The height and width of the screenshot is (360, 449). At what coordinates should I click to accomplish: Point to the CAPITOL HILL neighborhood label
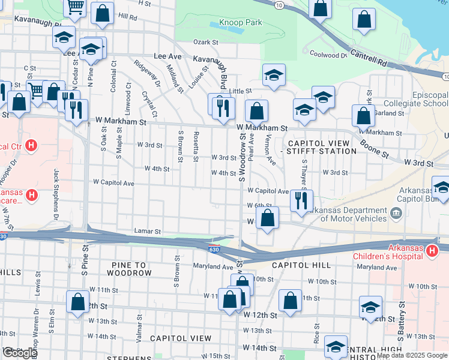click(292, 265)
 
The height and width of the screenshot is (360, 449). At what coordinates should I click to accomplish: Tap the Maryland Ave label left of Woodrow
click(212, 266)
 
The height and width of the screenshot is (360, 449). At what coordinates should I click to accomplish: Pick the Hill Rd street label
click(128, 17)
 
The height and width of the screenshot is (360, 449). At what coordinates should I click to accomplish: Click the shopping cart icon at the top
click(76, 7)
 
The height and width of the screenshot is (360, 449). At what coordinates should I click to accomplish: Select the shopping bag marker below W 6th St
click(268, 218)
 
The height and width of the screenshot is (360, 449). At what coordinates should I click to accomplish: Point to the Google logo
click(19, 353)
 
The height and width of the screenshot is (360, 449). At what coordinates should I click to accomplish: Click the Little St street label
click(240, 91)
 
